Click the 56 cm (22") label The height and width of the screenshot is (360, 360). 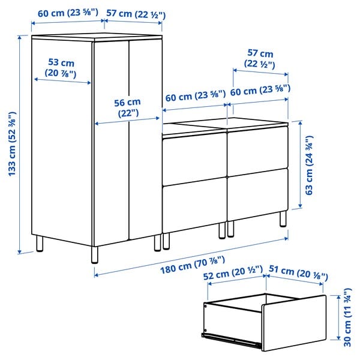coord(127,107)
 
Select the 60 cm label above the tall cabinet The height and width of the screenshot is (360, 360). coord(67,14)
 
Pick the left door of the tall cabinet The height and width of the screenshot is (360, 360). coord(110,144)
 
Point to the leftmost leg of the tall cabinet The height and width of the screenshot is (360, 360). coord(40,245)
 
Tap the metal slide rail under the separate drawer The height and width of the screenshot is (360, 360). coord(231,339)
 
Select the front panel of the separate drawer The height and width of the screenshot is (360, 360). coord(294,323)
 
